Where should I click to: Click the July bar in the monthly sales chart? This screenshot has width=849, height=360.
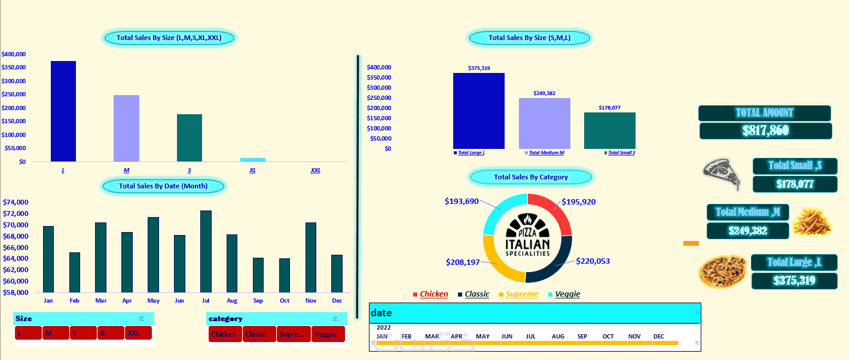pyautogui.click(x=206, y=251)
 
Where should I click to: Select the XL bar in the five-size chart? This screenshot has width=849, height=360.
pyautogui.click(x=252, y=160)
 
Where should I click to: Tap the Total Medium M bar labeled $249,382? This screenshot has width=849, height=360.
pyautogui.click(x=544, y=123)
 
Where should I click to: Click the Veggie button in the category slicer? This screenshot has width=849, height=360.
pyautogui.click(x=328, y=334)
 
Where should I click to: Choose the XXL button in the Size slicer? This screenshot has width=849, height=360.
pyautogui.click(x=138, y=333)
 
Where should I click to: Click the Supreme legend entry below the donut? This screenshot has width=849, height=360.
pyautogui.click(x=521, y=294)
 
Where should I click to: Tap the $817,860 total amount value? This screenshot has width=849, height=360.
pyautogui.click(x=765, y=131)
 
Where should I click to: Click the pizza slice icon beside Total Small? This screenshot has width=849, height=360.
pyautogui.click(x=722, y=173)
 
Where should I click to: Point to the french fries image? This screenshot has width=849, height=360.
pyautogui.click(x=811, y=221)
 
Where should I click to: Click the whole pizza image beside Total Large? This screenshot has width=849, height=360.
pyautogui.click(x=722, y=271)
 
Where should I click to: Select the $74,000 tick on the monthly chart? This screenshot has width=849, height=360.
pyautogui.click(x=15, y=202)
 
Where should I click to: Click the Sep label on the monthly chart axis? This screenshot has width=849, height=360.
pyautogui.click(x=258, y=300)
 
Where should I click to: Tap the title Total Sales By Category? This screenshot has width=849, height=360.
pyautogui.click(x=531, y=177)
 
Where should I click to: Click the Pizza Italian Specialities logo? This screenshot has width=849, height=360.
pyautogui.click(x=527, y=237)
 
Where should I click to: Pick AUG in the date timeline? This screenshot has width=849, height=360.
pyautogui.click(x=558, y=337)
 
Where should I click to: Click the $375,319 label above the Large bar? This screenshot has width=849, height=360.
pyautogui.click(x=479, y=68)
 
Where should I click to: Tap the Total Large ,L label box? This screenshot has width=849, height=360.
pyautogui.click(x=794, y=263)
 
